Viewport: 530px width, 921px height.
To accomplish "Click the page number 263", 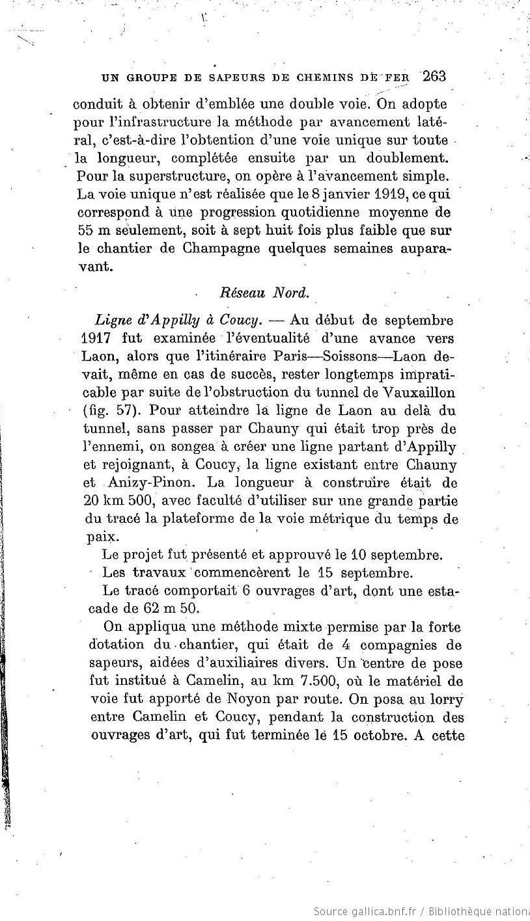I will pos(434,77).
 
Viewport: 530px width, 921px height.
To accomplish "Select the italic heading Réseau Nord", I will pos(264,293).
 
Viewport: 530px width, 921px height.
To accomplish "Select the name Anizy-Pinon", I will pos(145,483).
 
